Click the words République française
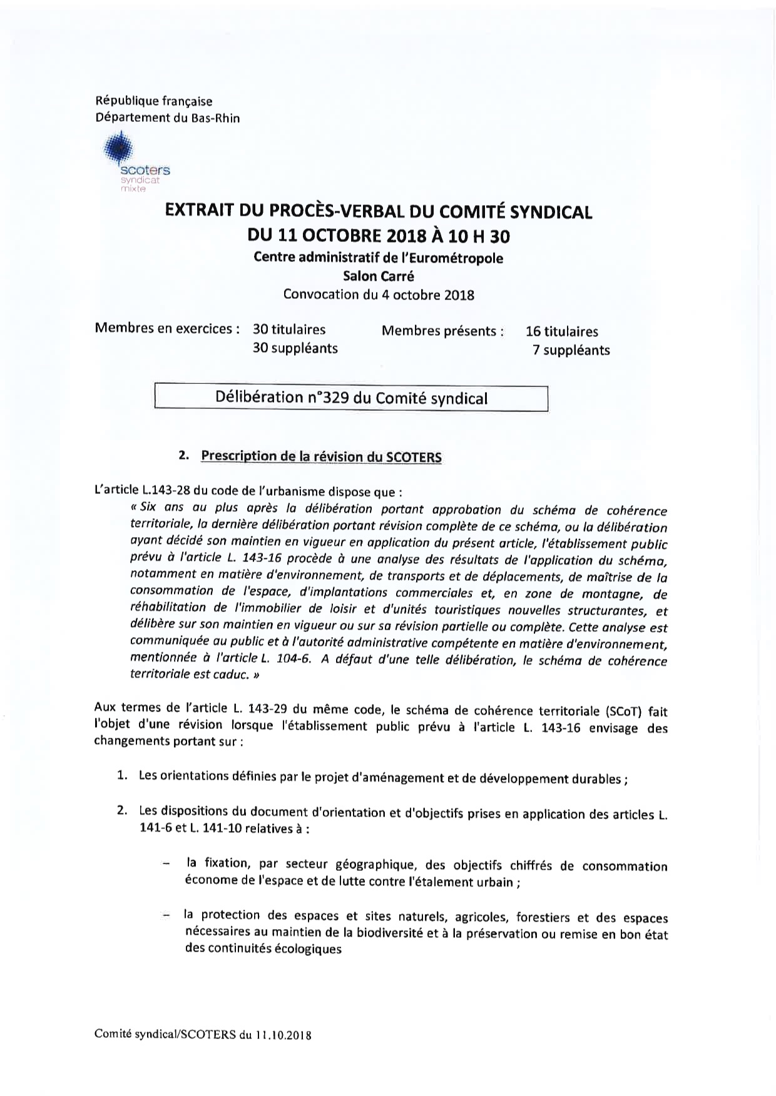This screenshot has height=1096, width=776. [x=154, y=101]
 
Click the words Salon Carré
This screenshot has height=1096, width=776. [x=378, y=276]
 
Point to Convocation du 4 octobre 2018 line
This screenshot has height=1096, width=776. [x=378, y=294]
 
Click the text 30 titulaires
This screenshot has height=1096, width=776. [x=289, y=329]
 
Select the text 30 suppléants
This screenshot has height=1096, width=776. [x=295, y=348]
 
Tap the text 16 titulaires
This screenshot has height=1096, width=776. [x=562, y=332]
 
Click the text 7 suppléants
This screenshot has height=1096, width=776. [x=571, y=350]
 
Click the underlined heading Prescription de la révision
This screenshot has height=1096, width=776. [x=321, y=456]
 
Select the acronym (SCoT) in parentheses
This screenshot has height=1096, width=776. [x=623, y=711]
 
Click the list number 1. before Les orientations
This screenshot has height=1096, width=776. [x=123, y=776]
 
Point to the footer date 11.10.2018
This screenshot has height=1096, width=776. [x=283, y=1035]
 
